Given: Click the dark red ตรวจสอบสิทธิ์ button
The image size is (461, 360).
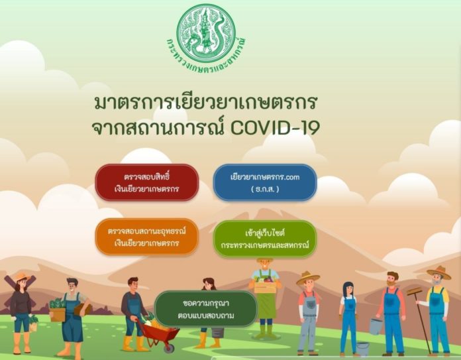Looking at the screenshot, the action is tap(146, 182).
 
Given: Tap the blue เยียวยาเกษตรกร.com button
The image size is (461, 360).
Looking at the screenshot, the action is tap(265, 182).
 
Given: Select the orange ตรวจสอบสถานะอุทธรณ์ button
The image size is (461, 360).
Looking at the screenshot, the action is tap(146, 237).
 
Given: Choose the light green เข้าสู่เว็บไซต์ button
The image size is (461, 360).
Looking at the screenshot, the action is tap(265, 239).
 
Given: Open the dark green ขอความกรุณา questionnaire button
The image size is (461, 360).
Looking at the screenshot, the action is tap(206, 309).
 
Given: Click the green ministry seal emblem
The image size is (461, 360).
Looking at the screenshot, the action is tap(206, 32).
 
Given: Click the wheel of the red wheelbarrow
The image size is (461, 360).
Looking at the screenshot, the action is tap(169, 348).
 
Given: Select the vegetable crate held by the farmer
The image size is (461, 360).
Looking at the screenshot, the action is tap(265, 284).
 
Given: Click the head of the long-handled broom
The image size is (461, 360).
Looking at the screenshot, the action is tap(414, 292).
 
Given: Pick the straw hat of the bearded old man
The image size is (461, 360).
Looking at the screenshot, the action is tap(438, 272).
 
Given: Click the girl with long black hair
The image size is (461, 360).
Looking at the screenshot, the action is tap(348, 318).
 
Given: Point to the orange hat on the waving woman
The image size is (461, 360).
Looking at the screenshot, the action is tap(22, 276).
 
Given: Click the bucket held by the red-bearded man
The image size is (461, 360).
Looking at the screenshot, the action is tap(376, 326).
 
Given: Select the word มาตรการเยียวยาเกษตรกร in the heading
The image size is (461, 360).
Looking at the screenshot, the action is tap(205, 103).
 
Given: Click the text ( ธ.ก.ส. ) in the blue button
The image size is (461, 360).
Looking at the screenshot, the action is tap(265, 189).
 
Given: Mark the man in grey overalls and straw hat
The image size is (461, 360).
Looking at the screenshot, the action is tap(308, 313).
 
